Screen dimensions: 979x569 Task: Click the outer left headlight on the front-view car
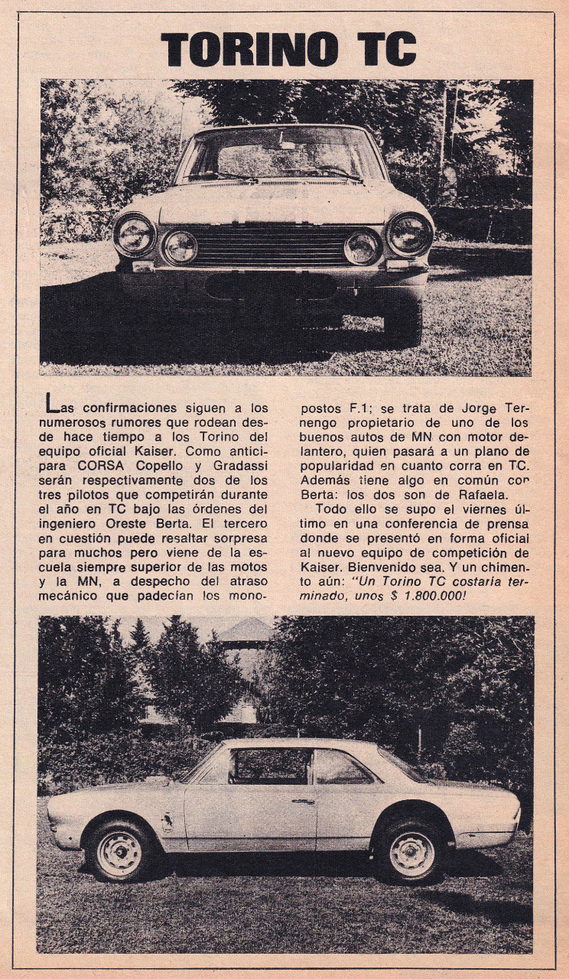[x=135, y=235]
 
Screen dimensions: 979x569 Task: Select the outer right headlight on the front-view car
[x=410, y=233]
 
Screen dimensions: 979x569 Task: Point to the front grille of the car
[x=271, y=245]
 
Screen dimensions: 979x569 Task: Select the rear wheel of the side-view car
[x=411, y=854]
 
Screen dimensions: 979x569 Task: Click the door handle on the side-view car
[x=303, y=802]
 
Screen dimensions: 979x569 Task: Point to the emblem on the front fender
[x=166, y=822]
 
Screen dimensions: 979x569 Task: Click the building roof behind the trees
[x=245, y=631]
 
